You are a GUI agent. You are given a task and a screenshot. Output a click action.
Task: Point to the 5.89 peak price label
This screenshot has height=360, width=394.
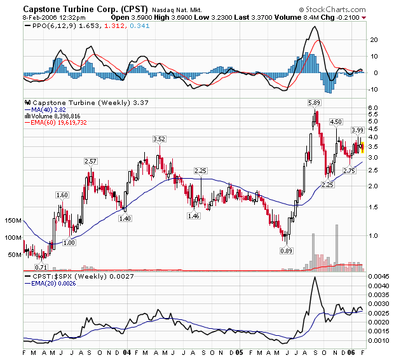[314, 102]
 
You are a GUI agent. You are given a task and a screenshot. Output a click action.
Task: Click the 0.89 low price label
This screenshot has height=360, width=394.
[287, 251]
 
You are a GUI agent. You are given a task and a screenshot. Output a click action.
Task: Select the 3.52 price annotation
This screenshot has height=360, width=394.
[159, 139]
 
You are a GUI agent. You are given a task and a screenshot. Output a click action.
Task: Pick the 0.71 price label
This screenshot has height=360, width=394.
[41, 267]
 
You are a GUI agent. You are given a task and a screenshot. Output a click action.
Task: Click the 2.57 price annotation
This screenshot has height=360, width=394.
[91, 162]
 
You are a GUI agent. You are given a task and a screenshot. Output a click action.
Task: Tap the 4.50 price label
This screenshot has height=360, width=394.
[336, 121]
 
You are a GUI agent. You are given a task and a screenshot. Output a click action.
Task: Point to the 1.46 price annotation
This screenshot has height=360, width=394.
[194, 216]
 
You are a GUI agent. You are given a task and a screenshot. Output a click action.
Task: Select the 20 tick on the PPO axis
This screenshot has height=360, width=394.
[374, 39]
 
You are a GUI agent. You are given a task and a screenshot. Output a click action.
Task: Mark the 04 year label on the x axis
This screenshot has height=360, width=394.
[127, 351]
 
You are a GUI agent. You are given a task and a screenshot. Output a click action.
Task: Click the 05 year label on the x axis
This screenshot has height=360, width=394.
[238, 351]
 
